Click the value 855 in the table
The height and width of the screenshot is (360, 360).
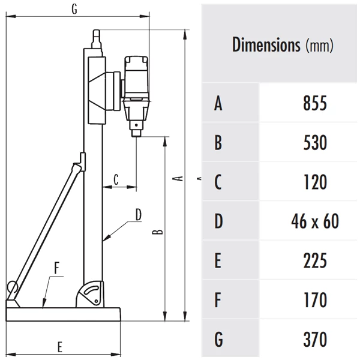point(315,103)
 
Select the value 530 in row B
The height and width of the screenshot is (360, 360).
point(315,142)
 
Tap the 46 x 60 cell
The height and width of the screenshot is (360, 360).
point(315,221)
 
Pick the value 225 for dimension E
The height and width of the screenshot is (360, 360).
point(315,260)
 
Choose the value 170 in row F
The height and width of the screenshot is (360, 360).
point(316,299)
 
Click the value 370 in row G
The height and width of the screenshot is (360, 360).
point(315,339)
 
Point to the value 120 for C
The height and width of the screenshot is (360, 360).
point(316,182)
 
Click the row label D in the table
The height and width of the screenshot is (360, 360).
point(218,221)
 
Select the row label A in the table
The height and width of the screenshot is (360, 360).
point(218,103)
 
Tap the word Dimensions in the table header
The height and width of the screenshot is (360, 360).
point(266,44)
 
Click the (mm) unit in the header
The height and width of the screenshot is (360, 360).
point(319,46)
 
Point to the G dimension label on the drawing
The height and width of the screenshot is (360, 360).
point(74,9)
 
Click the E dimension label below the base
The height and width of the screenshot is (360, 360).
point(59,347)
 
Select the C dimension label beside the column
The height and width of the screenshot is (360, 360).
point(116,179)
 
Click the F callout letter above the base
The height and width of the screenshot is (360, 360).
point(57,268)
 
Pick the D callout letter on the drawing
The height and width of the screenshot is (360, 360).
point(139,215)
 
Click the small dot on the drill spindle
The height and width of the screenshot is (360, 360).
point(136,125)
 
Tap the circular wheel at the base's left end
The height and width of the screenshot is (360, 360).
point(12,287)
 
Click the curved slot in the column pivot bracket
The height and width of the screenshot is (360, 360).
point(92,290)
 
